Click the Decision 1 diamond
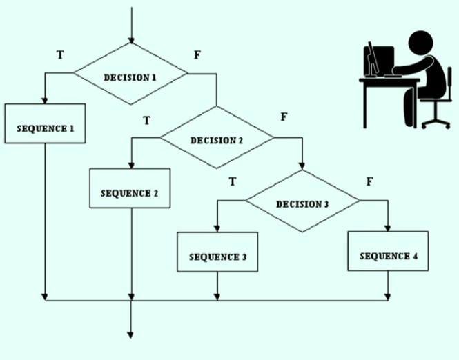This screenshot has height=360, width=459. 130,74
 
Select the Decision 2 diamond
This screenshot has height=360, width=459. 217,137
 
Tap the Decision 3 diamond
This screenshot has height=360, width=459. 302,201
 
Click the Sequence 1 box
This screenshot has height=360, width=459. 45,123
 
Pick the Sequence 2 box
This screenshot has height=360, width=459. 130,188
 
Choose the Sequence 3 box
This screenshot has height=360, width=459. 217,252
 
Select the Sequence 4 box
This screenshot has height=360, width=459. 388,251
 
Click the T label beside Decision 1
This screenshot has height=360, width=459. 60,54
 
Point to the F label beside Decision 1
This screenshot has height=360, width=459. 197,54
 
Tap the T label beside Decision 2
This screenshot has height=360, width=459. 147,120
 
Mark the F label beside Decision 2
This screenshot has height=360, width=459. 284,117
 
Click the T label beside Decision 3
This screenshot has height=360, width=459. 233,181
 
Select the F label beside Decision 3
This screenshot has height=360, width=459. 370,181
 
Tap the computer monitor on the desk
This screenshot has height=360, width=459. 379,61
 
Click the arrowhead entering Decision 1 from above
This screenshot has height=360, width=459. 131,41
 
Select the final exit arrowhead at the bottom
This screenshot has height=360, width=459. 130,335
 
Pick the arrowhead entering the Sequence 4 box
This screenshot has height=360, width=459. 388,228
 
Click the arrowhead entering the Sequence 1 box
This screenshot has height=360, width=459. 44,101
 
